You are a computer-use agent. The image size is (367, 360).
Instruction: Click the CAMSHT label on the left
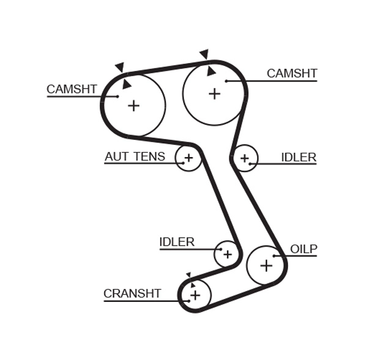(72, 89)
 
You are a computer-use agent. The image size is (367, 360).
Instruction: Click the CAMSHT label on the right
(292, 73)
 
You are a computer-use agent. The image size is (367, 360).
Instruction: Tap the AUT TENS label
(135, 156)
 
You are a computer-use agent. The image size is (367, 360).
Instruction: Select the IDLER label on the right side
(298, 157)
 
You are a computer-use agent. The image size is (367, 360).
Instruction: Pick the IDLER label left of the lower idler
(177, 242)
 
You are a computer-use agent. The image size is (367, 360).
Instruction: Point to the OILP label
(303, 249)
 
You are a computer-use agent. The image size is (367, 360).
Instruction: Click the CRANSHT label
(132, 293)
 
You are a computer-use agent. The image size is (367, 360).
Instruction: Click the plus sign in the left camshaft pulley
(133, 106)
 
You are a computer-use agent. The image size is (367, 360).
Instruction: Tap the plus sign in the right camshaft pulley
(214, 94)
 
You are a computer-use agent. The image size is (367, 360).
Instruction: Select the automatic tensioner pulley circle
(188, 158)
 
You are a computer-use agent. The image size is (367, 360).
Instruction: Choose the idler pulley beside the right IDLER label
(245, 158)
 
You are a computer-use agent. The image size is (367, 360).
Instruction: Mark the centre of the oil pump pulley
(266, 265)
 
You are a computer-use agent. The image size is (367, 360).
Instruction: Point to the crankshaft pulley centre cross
(195, 295)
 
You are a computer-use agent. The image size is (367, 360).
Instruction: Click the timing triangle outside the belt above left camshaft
(119, 67)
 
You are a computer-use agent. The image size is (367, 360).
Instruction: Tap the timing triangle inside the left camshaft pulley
(127, 84)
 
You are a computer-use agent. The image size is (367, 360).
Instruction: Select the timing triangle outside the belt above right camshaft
(204, 54)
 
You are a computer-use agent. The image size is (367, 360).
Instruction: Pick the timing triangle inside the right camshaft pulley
(211, 71)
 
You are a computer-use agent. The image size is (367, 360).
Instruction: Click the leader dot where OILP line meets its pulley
(275, 255)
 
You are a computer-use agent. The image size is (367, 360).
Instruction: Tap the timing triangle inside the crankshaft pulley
(193, 284)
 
